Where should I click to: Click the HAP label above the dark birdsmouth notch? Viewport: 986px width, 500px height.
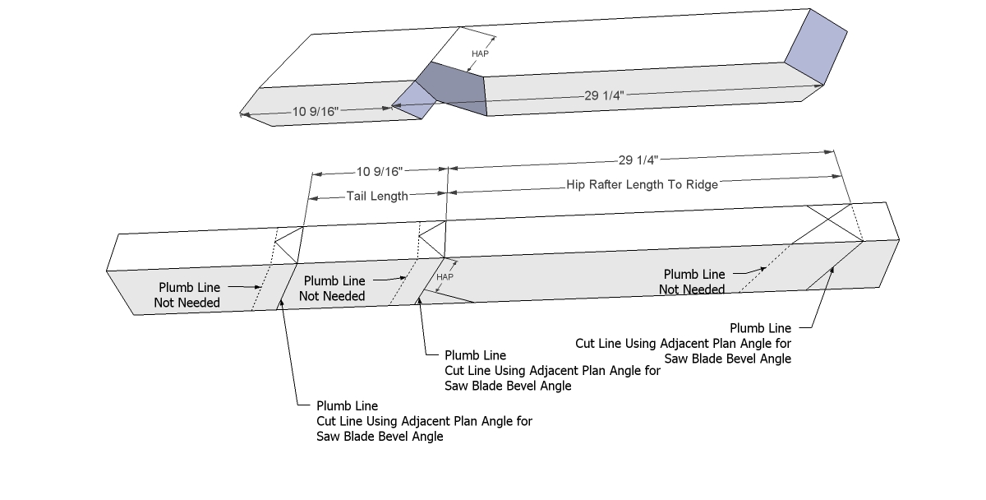[x=481, y=53]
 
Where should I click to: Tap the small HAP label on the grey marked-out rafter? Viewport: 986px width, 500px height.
[x=445, y=277]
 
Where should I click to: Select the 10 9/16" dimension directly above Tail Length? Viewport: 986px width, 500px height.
[x=379, y=172]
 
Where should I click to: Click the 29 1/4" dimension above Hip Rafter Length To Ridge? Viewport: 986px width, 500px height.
[x=642, y=161]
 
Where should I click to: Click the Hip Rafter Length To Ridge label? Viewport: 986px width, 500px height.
[x=642, y=185]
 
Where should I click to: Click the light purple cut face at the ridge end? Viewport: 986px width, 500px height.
[x=816, y=46]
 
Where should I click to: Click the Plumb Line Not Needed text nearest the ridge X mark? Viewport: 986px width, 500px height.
[x=693, y=281]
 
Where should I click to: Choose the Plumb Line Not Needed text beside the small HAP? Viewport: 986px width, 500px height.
[x=331, y=289]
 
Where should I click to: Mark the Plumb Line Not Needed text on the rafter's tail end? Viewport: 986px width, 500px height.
[x=187, y=295]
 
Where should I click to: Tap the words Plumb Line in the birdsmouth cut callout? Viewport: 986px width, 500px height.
[x=475, y=356]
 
